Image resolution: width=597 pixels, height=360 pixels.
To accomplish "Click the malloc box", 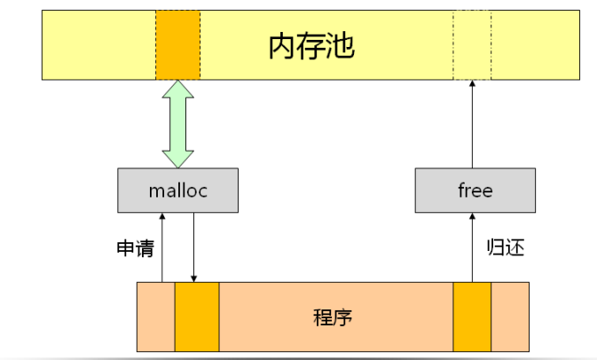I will click(177, 191).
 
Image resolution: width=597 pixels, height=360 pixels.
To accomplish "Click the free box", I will click(475, 191).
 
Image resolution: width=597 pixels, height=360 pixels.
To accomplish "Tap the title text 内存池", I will click(311, 47).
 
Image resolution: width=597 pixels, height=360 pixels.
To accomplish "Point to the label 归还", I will click(506, 247).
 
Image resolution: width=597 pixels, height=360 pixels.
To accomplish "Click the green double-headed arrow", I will click(178, 123).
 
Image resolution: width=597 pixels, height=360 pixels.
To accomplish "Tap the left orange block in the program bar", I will click(196, 317).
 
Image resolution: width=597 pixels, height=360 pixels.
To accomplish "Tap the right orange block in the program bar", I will click(472, 317).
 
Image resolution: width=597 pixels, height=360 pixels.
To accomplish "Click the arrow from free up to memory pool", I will click(471, 124).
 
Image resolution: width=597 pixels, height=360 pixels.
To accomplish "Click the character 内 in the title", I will click(282, 47).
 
